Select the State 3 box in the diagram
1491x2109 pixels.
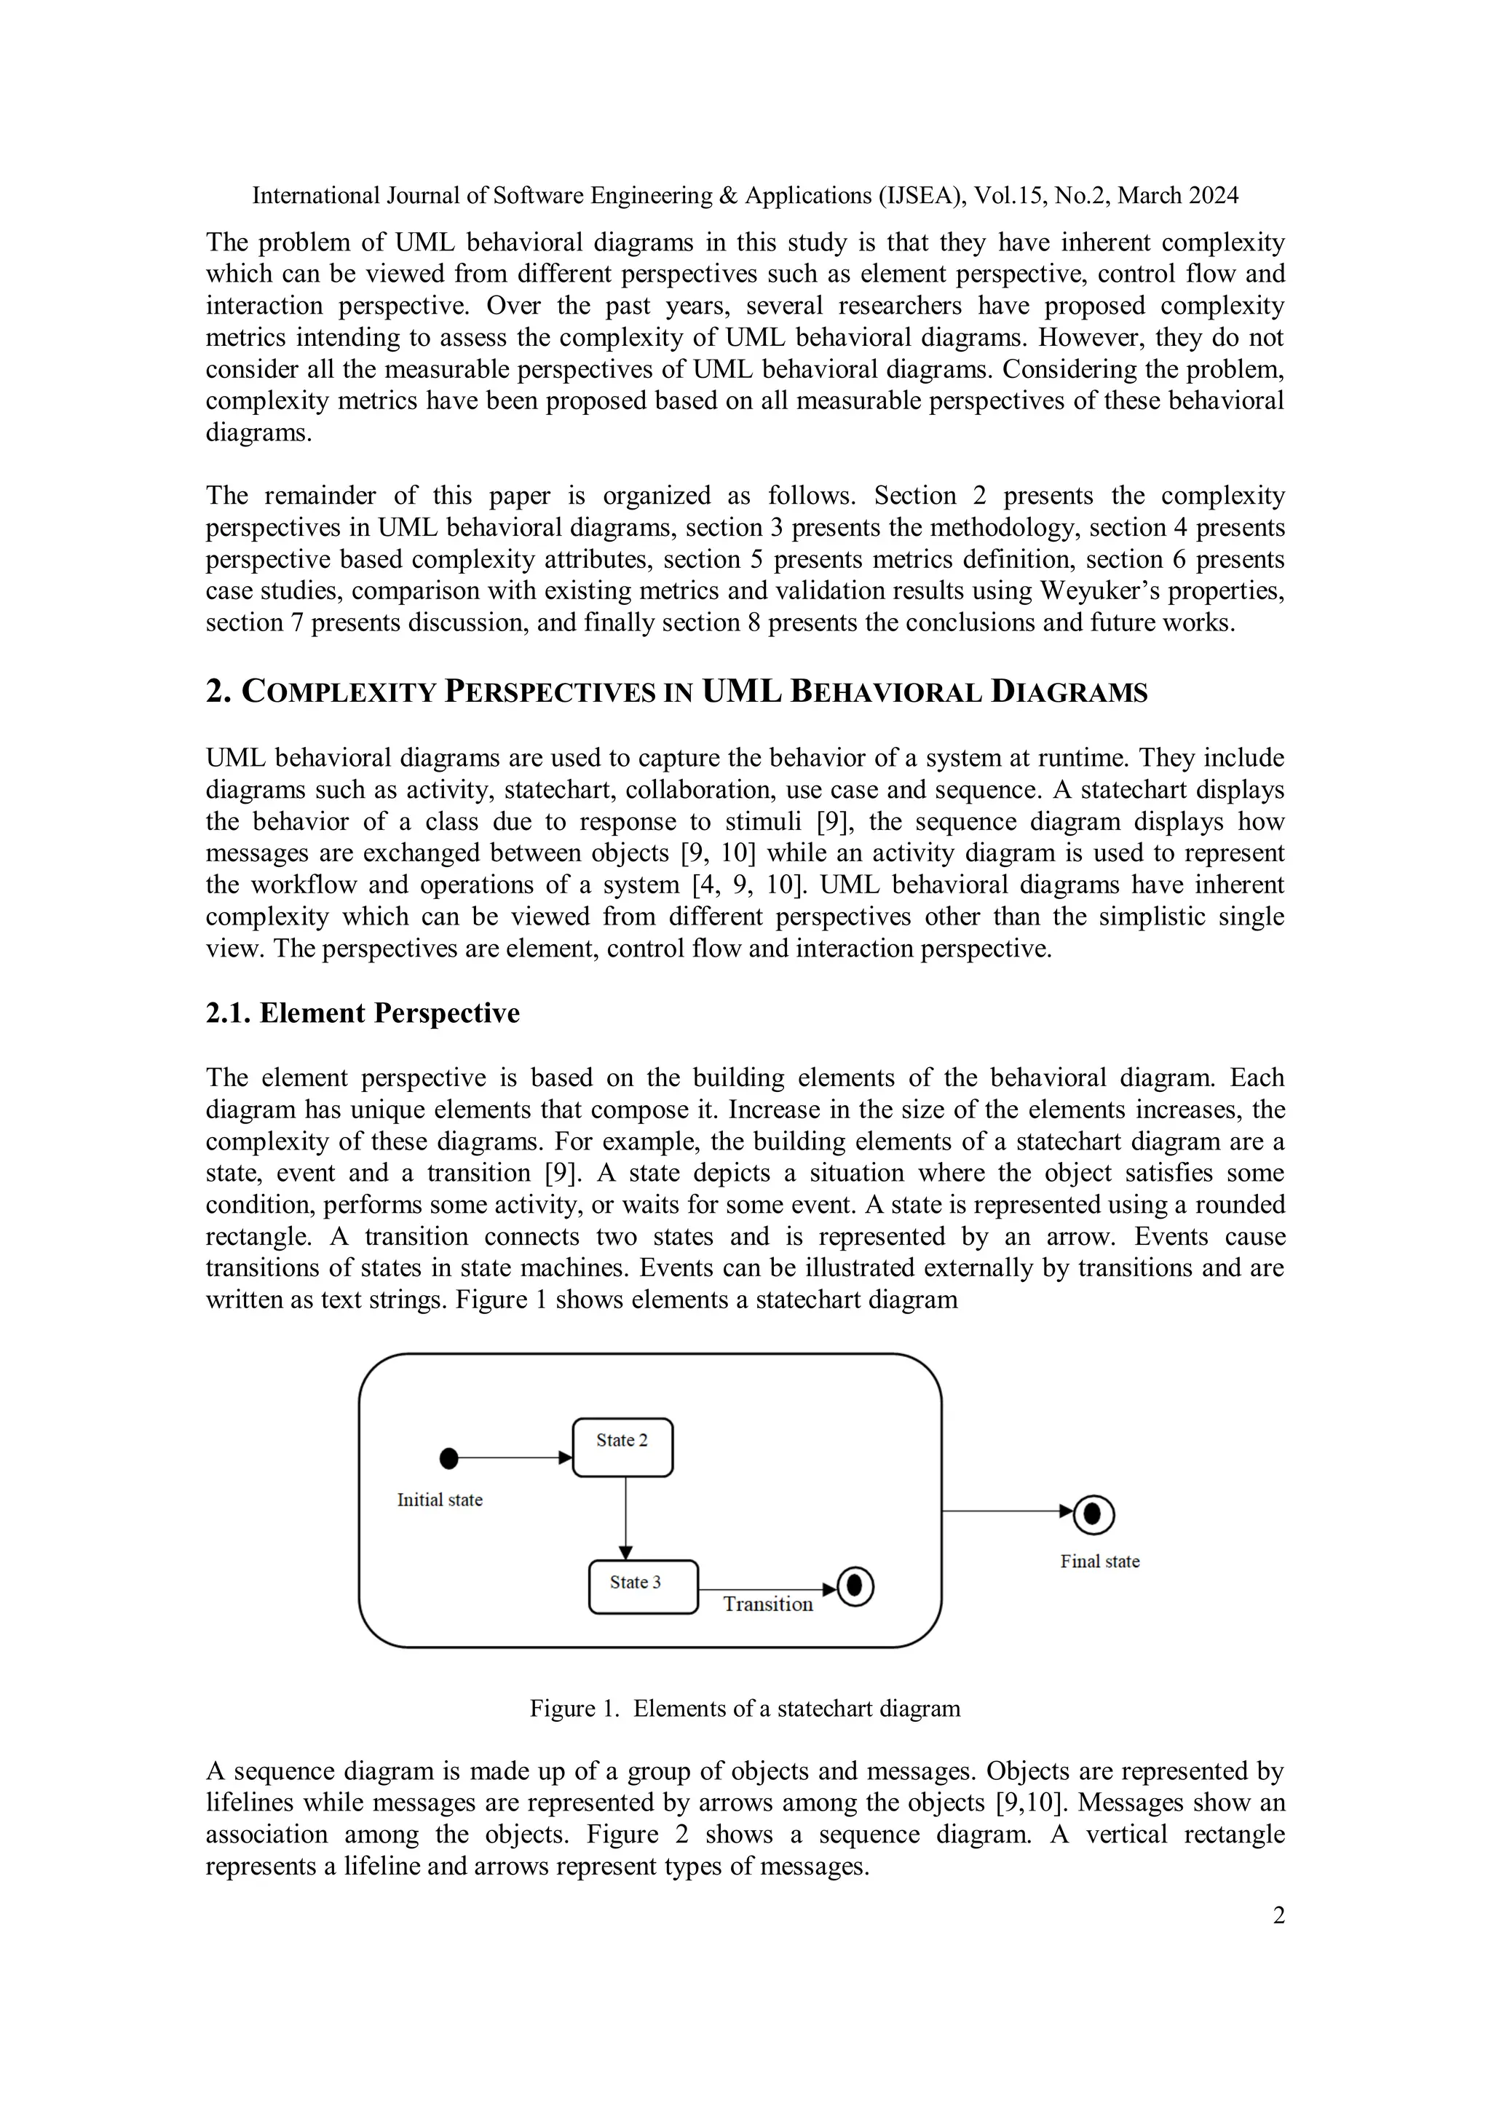(642, 1586)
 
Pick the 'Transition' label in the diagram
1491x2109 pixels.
(767, 1604)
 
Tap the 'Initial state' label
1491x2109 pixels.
(439, 1500)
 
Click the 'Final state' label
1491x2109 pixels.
(1099, 1562)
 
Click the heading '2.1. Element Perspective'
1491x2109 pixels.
(362, 1013)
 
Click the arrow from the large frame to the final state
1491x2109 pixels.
(1006, 1511)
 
